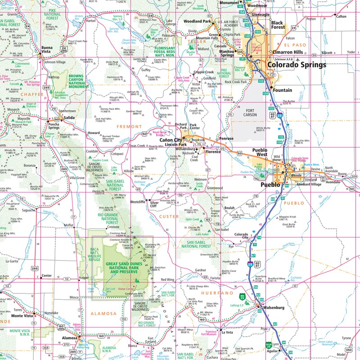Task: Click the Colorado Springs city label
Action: (297, 65)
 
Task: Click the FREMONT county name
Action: (130, 127)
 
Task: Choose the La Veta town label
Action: (225, 333)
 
